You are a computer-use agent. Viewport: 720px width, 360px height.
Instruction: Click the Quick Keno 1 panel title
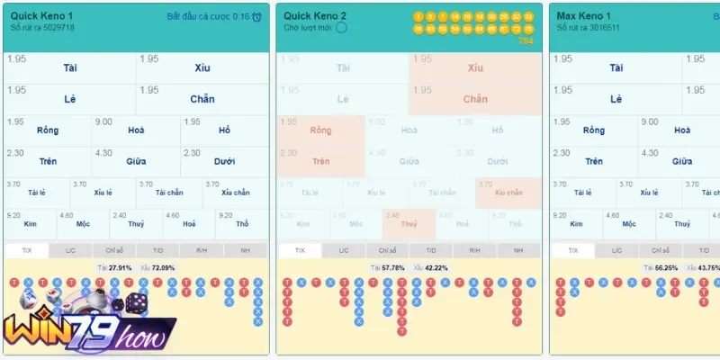(42, 16)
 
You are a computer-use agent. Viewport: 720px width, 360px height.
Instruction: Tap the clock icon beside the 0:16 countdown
(257, 17)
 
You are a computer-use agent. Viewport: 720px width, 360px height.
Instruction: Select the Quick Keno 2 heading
(315, 16)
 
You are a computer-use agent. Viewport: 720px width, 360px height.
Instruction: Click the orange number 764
(526, 41)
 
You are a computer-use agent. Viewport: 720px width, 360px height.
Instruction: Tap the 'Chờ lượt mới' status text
(309, 28)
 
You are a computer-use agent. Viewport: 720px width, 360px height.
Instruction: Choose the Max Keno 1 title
(584, 16)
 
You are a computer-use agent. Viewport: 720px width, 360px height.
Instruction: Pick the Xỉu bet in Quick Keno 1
(202, 68)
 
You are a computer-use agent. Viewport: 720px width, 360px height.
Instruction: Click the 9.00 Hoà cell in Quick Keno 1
(136, 130)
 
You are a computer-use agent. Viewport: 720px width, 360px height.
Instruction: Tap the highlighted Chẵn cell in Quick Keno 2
(475, 99)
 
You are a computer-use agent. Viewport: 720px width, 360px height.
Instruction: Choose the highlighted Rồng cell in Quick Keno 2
(320, 130)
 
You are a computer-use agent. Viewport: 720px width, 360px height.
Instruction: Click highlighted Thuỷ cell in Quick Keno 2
(409, 224)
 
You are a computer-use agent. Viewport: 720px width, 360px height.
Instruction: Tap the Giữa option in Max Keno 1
(681, 162)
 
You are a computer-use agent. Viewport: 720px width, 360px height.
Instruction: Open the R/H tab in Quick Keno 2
(473, 250)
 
